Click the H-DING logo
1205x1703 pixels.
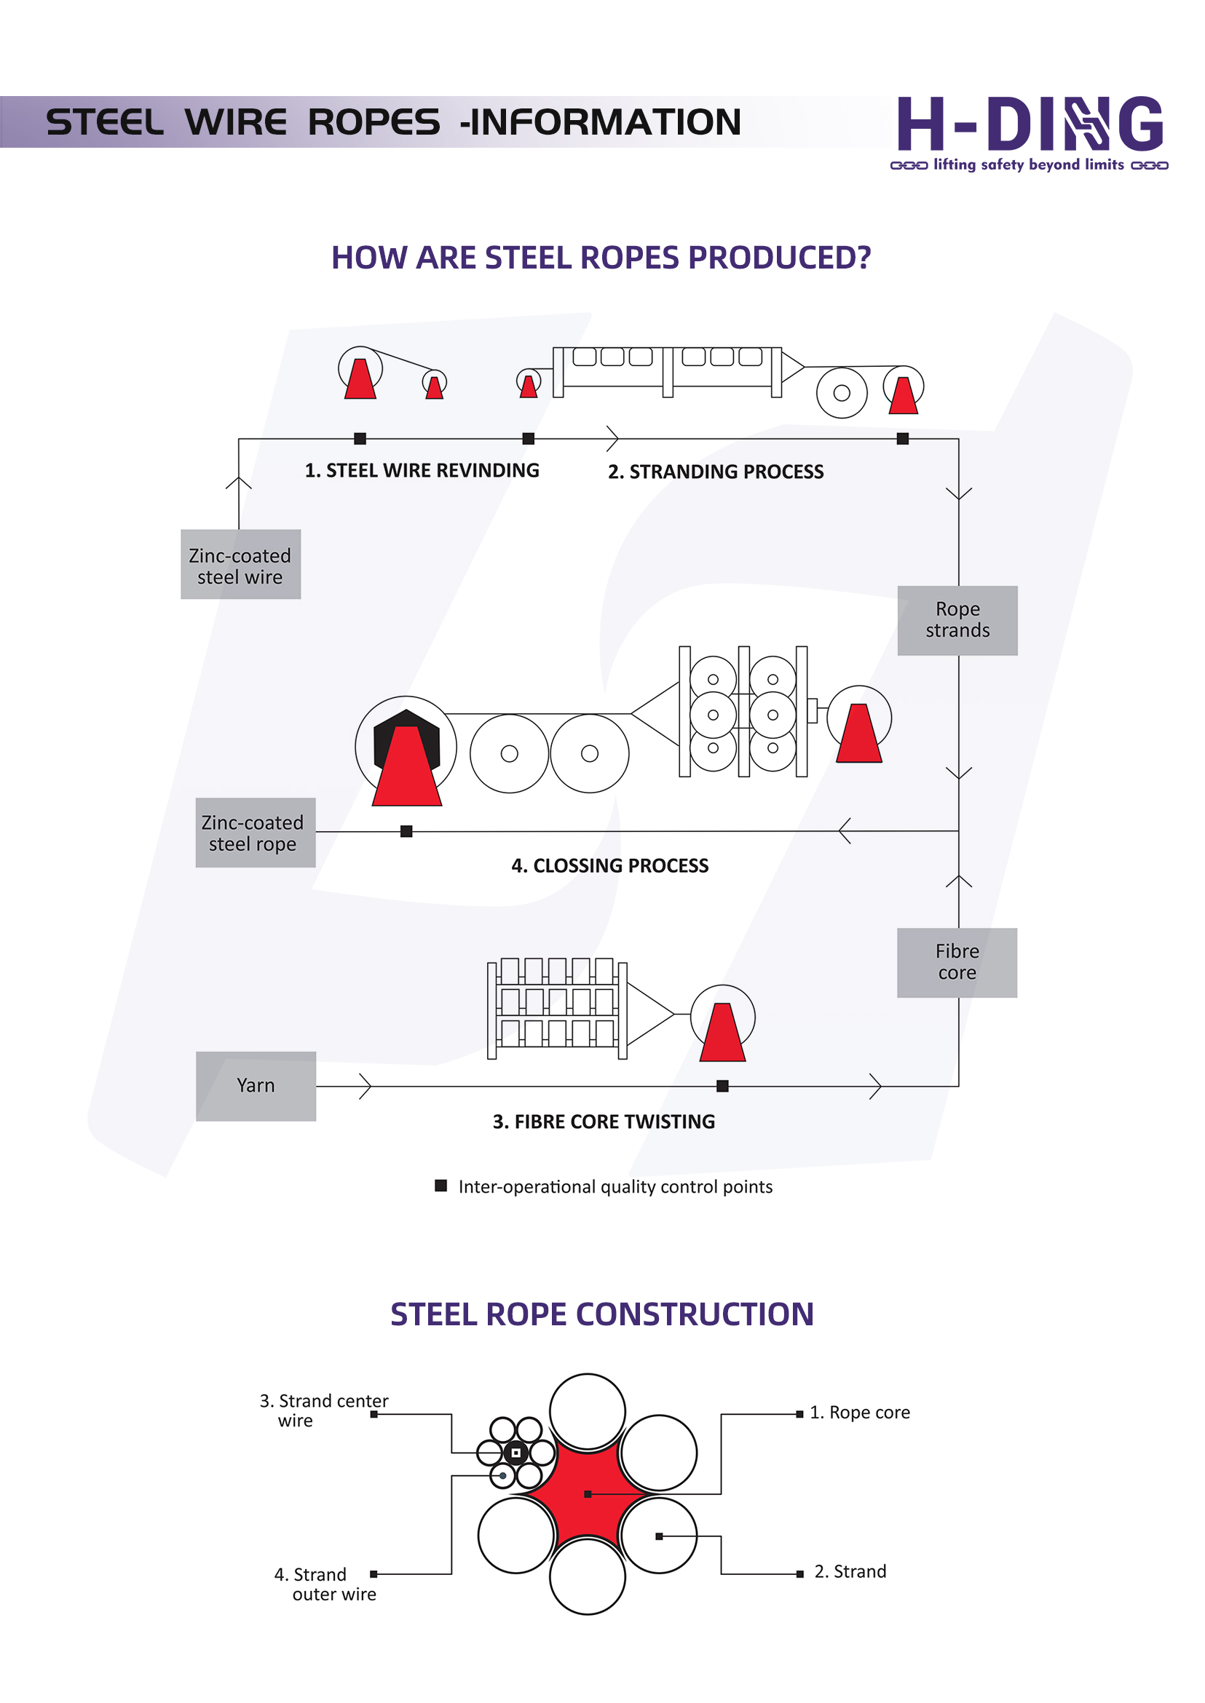pyautogui.click(x=1029, y=132)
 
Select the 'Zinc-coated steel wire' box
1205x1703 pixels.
pyautogui.click(x=240, y=565)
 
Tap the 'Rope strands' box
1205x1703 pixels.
pyautogui.click(x=957, y=620)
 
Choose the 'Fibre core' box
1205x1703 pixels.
pyautogui.click(x=957, y=962)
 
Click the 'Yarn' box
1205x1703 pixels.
pyautogui.click(x=256, y=1086)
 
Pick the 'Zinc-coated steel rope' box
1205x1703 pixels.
pyautogui.click(x=256, y=833)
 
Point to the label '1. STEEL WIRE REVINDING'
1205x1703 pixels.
pyautogui.click(x=422, y=471)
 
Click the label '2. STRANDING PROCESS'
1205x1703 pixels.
pyautogui.click(x=715, y=472)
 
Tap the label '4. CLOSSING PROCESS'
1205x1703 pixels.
pyautogui.click(x=609, y=865)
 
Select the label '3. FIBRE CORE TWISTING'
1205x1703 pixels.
pyautogui.click(x=604, y=1122)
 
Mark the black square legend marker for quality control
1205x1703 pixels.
pyautogui.click(x=440, y=1186)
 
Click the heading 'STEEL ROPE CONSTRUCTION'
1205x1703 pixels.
pyautogui.click(x=601, y=1314)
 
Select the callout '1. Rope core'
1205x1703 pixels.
pyautogui.click(x=859, y=1413)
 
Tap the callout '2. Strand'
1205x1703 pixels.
pyautogui.click(x=850, y=1572)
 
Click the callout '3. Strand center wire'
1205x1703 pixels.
pyautogui.click(x=323, y=1410)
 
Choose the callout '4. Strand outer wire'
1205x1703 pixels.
pyautogui.click(x=325, y=1584)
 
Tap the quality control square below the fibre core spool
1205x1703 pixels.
pyautogui.click(x=722, y=1086)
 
